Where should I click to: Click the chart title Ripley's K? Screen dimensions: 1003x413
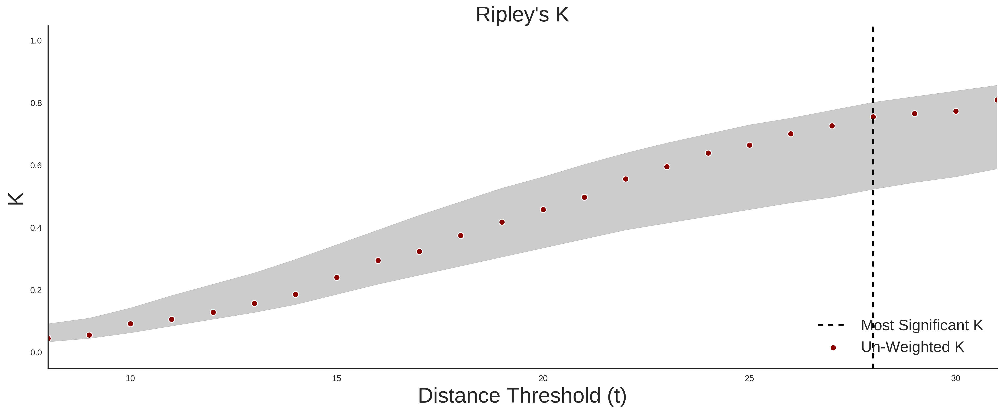522,15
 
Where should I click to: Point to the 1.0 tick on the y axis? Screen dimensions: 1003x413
36,41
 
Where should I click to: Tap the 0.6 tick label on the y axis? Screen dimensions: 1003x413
36,166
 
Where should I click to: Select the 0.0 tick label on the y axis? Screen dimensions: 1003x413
36,353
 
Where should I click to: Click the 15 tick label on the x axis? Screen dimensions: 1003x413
337,378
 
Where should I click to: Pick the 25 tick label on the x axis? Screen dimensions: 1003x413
749,378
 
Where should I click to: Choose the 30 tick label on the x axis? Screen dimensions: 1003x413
956,378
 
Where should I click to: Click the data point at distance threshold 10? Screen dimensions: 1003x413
130,324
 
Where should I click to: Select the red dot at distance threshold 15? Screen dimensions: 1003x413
337,277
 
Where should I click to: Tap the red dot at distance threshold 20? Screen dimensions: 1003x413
543,210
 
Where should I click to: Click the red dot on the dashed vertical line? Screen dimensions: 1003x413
873,117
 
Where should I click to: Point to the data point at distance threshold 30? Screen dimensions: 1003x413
956,112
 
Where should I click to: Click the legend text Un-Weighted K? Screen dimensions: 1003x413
913,347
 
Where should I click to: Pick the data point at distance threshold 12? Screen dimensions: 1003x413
213,313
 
